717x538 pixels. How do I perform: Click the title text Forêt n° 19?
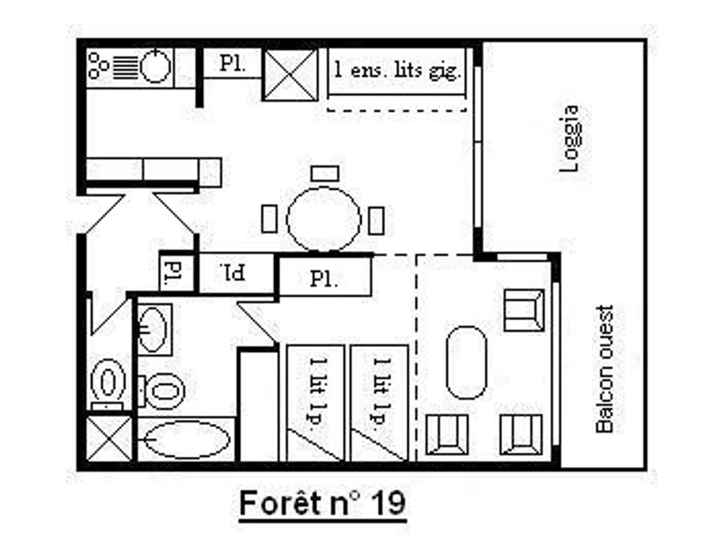[323, 503]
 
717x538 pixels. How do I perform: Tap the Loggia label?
[569, 139]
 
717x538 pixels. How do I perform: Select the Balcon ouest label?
[604, 369]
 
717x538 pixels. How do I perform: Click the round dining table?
[323, 219]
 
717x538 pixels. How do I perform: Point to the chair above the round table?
[324, 173]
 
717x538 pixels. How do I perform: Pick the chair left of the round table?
[269, 219]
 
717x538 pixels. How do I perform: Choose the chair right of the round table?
[376, 221]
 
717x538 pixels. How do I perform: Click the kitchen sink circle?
[155, 66]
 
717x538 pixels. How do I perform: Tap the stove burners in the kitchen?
[98, 66]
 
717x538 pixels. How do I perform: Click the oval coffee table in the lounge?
[466, 362]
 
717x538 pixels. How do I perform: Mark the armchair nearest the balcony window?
[524, 310]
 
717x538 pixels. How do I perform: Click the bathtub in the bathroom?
[186, 439]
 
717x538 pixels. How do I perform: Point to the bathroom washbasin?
[152, 330]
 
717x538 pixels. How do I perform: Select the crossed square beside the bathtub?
[109, 438]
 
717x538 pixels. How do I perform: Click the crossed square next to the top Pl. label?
[290, 75]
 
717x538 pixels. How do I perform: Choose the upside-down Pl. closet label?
[233, 272]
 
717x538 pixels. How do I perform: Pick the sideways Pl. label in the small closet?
[174, 272]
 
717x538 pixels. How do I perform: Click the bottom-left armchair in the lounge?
[447, 435]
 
